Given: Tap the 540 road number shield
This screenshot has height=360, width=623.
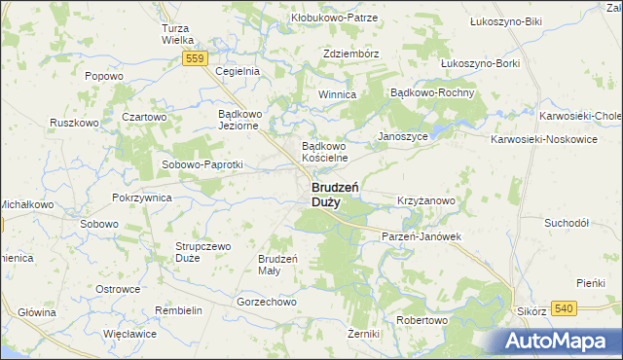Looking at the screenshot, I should (x=563, y=308).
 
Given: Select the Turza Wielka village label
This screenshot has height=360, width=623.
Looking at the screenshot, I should (x=180, y=34).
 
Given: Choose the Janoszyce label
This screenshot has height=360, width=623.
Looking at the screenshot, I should (x=402, y=137).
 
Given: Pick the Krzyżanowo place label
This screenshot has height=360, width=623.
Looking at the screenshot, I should (x=426, y=200).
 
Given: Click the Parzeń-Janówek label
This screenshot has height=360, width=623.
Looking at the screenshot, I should (x=421, y=236).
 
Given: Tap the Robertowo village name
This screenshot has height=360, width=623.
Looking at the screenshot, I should (x=421, y=320).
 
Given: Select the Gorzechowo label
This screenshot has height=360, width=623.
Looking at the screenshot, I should (x=266, y=302).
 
